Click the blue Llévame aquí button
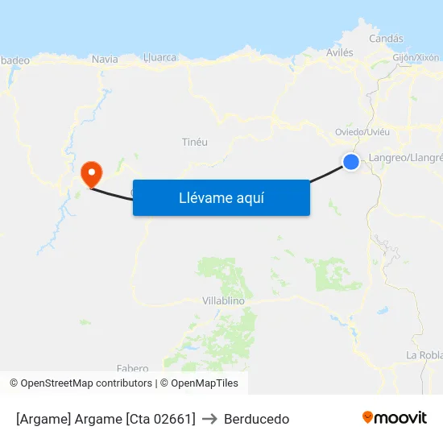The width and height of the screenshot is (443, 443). coord(221,197)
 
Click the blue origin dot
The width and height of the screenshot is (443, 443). coord(351,162)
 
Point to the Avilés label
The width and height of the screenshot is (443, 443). coord(339,52)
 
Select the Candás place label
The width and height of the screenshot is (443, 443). coord(386,39)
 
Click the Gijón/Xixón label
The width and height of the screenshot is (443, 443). coord(416,58)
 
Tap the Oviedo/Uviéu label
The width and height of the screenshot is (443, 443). coord(362,132)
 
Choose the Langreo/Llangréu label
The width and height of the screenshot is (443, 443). coord(405,157)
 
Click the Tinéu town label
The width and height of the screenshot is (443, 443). coord(195,142)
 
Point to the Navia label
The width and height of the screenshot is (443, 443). coord(105,59)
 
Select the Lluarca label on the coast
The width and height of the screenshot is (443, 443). coord(159,57)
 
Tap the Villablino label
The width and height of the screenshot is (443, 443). coord(223,300)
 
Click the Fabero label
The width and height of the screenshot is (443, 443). coord(133,368)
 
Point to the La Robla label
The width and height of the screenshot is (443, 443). coord(424,355)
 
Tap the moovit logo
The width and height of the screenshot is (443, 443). coord(395,417)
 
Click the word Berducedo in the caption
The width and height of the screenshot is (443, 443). coord(256,419)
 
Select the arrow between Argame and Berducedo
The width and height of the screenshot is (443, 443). coord(209,419)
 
